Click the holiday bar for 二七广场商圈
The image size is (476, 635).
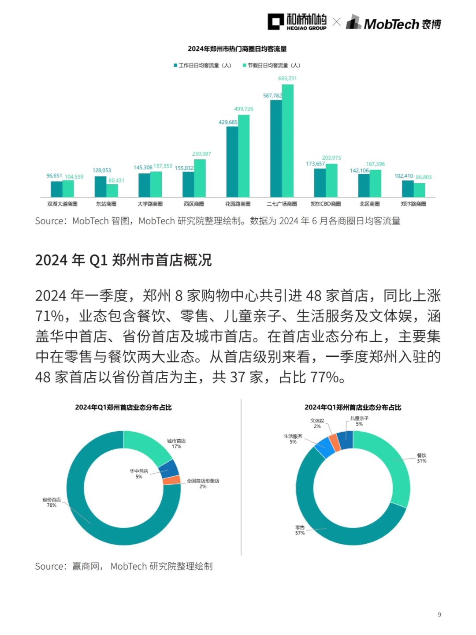pyautogui.click(x=288, y=141)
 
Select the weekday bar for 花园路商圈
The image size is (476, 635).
pyautogui.click(x=232, y=161)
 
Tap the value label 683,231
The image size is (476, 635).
pyautogui.click(x=287, y=78)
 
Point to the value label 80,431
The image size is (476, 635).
pyautogui.click(x=116, y=180)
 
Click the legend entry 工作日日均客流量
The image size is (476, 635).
pyautogui.click(x=202, y=65)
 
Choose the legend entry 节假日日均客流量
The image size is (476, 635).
pyautogui.click(x=271, y=65)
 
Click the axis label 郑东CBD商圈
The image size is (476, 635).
pyautogui.click(x=326, y=204)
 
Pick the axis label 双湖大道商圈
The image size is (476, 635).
pyautogui.click(x=62, y=204)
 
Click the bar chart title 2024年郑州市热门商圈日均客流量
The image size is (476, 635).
pyautogui.click(x=237, y=49)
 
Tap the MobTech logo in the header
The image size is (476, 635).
pyautogui.click(x=394, y=23)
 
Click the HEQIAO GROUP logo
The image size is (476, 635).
pyautogui.click(x=297, y=22)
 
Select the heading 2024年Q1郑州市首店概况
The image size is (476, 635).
pyautogui.click(x=123, y=260)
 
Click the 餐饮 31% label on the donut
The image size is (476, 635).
pyautogui.click(x=422, y=458)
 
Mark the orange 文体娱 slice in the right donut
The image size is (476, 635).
pyautogui.click(x=334, y=443)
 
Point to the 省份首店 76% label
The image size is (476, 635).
pyautogui.click(x=52, y=502)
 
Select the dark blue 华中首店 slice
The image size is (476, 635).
pyautogui.click(x=169, y=469)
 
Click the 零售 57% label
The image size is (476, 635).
pyautogui.click(x=300, y=530)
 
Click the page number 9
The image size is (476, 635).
pyautogui.click(x=439, y=615)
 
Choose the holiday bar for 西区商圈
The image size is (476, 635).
pyautogui.click(x=200, y=178)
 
